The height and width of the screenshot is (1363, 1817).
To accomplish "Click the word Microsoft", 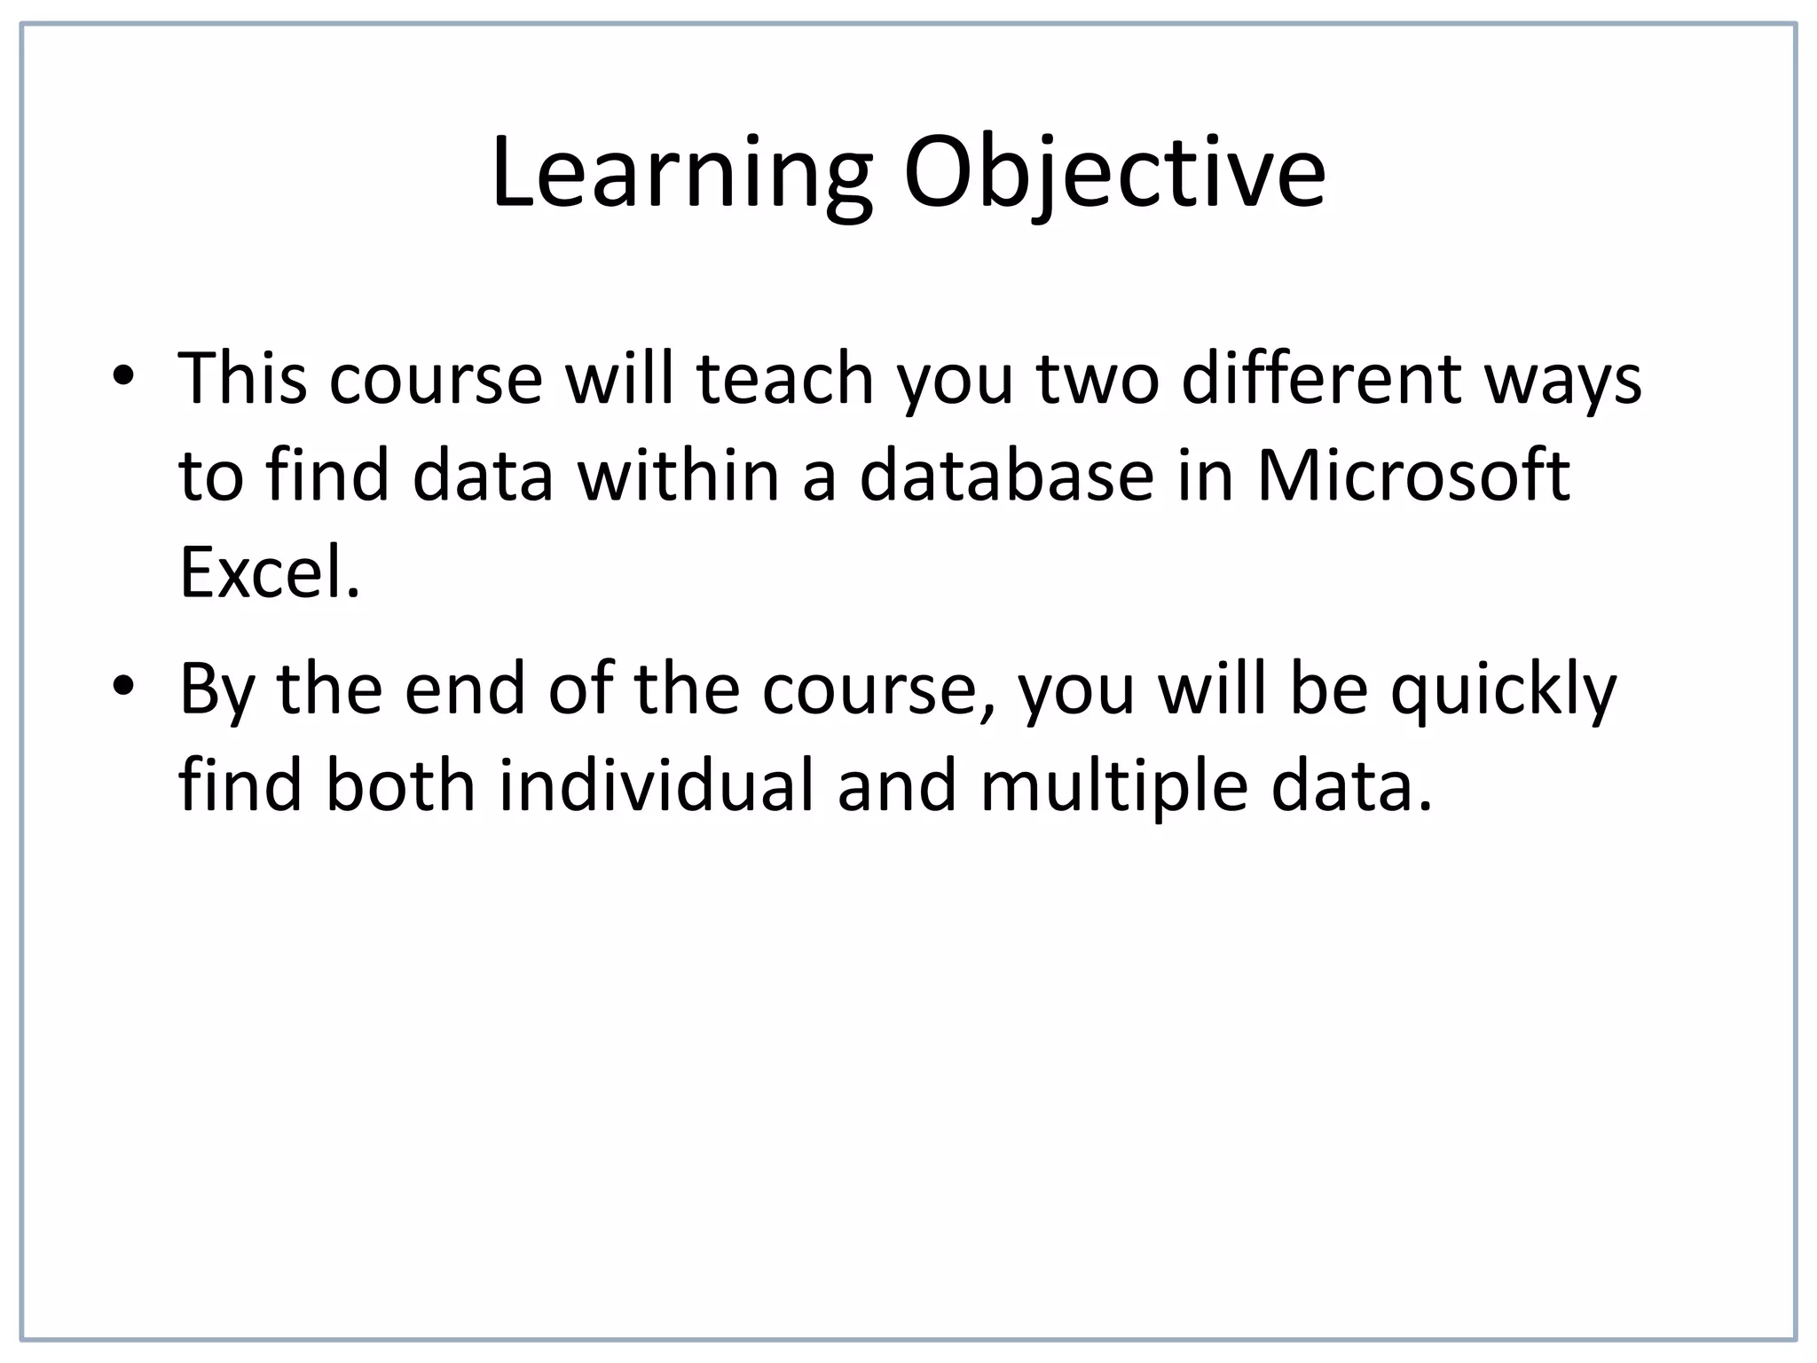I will [1413, 476].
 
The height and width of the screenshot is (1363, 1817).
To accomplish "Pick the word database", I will [1007, 476].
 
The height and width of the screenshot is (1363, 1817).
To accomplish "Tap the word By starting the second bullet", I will [213, 691].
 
